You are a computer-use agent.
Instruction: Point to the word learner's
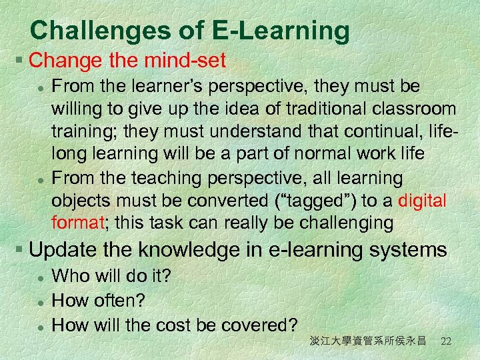point(162,86)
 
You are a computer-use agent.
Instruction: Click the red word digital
point(423,201)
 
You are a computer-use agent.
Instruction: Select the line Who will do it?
point(111,275)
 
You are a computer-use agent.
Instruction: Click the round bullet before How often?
point(41,301)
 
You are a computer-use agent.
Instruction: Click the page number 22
point(446,341)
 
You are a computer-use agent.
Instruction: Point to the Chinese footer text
point(367,341)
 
